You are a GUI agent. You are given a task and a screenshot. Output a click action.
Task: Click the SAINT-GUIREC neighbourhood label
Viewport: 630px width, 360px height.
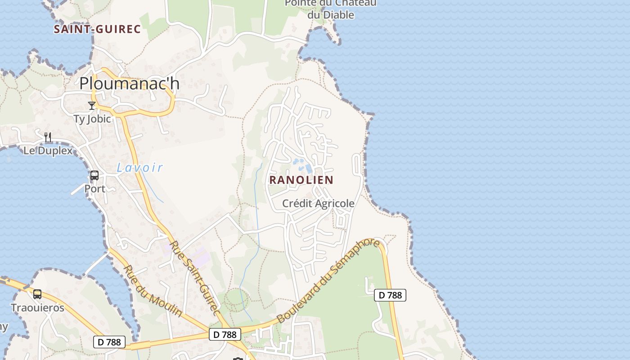point(97,30)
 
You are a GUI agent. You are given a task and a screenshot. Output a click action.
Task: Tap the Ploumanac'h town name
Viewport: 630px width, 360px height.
point(129,84)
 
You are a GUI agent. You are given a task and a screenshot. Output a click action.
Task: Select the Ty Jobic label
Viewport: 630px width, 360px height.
point(92,119)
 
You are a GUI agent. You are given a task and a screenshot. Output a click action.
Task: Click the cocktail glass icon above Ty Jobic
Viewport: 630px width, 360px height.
point(92,106)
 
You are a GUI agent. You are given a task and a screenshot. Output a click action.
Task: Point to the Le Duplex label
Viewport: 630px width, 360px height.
point(48,151)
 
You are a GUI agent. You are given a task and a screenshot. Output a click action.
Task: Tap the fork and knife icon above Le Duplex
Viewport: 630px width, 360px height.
point(48,137)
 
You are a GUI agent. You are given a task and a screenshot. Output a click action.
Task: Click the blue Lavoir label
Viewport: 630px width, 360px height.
point(139,168)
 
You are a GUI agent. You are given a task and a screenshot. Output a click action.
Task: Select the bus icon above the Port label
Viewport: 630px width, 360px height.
point(94,175)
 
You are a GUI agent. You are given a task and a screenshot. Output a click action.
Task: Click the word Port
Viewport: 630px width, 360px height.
point(95,189)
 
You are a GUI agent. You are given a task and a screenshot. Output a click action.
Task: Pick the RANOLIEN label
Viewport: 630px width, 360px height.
point(301,180)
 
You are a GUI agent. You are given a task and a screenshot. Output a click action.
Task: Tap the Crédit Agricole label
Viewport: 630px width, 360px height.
point(318,203)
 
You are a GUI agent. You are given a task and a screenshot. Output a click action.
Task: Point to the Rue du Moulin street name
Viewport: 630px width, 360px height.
point(153,291)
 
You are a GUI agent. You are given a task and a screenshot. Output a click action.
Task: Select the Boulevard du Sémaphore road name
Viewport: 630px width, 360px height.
point(328,281)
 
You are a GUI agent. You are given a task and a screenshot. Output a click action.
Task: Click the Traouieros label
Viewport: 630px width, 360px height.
point(37,308)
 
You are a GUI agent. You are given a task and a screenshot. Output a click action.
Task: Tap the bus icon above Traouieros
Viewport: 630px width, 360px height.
point(37,294)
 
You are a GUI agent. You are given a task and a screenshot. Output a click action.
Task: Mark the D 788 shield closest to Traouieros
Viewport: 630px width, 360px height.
point(109,342)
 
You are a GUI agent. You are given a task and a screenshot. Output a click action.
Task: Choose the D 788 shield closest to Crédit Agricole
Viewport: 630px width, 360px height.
point(390,295)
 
